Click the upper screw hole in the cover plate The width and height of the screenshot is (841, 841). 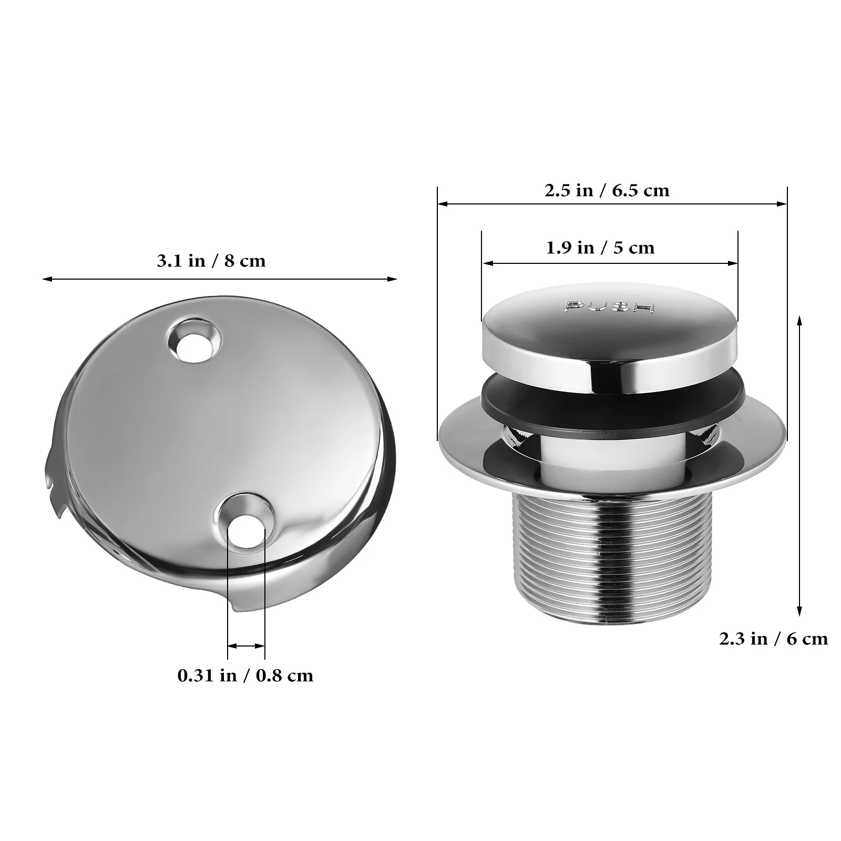click(x=194, y=343)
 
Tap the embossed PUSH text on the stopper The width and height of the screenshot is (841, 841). click(x=609, y=307)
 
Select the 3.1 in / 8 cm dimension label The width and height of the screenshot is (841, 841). click(x=211, y=261)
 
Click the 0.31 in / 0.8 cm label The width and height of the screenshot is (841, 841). click(x=245, y=675)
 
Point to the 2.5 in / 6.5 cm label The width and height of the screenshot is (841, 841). click(x=607, y=190)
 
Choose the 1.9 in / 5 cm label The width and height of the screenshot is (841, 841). click(x=600, y=248)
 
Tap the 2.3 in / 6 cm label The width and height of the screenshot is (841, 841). click(x=773, y=639)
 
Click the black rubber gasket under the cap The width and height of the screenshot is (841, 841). click(x=610, y=407)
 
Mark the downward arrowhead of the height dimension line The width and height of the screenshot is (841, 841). click(x=799, y=611)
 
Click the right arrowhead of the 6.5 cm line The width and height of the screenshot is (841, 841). click(x=783, y=203)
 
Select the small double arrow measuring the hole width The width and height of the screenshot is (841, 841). click(x=246, y=645)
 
